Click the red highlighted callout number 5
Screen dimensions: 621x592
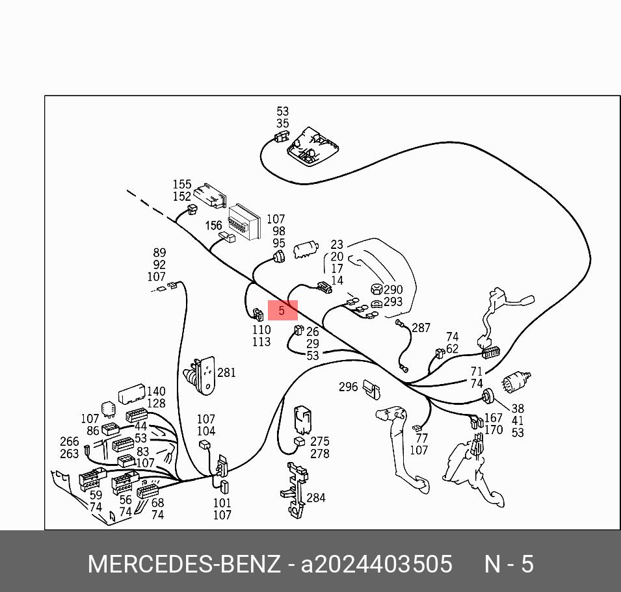click(282, 310)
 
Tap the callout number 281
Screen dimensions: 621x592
click(226, 373)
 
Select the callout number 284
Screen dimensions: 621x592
click(316, 498)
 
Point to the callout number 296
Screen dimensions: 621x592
click(348, 387)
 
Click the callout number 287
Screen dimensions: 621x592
click(421, 328)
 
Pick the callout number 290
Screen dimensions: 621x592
click(393, 290)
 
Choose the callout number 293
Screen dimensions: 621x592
click(393, 302)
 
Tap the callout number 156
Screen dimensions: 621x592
click(213, 225)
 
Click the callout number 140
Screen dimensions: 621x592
click(156, 391)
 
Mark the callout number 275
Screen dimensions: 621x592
click(320, 441)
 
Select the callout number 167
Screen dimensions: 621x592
click(494, 418)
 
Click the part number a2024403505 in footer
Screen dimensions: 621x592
click(377, 564)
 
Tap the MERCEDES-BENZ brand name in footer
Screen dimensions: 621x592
click(184, 564)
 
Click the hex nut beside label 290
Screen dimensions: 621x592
click(377, 289)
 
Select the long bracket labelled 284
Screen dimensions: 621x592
click(295, 490)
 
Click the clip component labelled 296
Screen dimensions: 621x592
click(373, 390)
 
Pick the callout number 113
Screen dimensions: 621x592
click(261, 342)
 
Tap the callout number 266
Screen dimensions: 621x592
click(70, 442)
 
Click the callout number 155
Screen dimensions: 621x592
click(182, 185)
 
